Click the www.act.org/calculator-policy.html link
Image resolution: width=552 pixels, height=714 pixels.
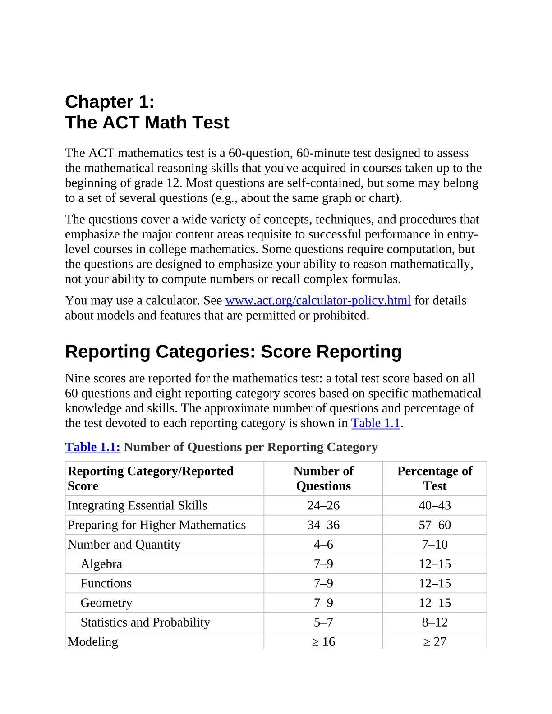(x=317, y=301)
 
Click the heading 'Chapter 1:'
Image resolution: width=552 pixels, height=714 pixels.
(x=110, y=102)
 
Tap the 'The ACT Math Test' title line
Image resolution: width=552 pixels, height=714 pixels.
(x=147, y=123)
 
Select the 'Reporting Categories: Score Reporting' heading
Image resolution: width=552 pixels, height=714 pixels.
(x=233, y=352)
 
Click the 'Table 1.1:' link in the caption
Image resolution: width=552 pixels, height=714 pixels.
(x=92, y=447)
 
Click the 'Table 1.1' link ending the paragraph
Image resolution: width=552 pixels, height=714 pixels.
(x=375, y=423)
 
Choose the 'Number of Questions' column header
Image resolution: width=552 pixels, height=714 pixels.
(x=323, y=478)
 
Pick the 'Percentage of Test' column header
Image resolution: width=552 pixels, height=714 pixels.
(x=434, y=478)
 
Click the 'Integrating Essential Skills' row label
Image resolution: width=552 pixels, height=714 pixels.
(x=137, y=505)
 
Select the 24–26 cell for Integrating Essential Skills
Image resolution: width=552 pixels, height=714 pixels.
(x=323, y=505)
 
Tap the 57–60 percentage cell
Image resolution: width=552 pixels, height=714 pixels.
(x=434, y=525)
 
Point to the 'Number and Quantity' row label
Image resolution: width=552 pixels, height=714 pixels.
(x=124, y=545)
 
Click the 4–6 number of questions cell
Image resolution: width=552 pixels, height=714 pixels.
(x=323, y=545)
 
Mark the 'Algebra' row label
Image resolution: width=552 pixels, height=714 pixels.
(x=101, y=564)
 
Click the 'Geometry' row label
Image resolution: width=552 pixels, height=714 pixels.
(x=106, y=603)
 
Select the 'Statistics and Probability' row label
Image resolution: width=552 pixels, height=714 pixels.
(x=145, y=622)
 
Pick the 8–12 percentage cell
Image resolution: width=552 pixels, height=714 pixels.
(x=434, y=622)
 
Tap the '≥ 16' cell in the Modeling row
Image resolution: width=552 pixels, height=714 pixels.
(x=323, y=641)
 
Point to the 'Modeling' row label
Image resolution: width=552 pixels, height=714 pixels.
(x=93, y=641)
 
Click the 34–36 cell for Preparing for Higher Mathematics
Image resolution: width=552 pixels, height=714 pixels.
(x=323, y=525)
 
